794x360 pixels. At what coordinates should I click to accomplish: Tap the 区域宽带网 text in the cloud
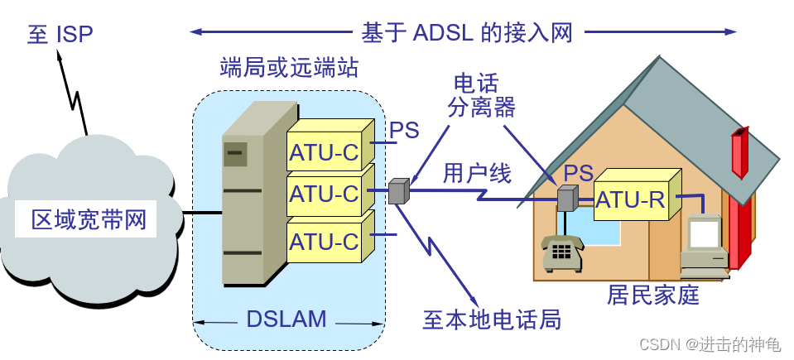tap(89, 220)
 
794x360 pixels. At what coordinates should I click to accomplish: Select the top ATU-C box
tap(324, 152)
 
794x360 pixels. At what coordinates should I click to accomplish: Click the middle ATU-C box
tap(324, 195)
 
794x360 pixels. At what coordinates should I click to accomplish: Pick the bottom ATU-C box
tap(324, 242)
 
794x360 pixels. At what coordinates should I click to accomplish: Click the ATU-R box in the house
tap(632, 199)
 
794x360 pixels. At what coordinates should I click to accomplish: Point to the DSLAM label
tap(286, 319)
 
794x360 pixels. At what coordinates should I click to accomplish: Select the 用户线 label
tap(477, 172)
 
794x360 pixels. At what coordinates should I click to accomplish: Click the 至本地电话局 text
tap(492, 319)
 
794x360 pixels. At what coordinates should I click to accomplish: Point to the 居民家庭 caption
tap(653, 294)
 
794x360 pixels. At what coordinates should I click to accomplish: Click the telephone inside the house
tap(562, 252)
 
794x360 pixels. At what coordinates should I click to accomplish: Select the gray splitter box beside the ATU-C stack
tap(399, 191)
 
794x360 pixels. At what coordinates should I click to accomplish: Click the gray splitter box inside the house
tap(566, 199)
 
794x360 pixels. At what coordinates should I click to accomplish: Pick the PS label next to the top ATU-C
tap(404, 130)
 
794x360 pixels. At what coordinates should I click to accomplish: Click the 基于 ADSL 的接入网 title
tap(466, 32)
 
